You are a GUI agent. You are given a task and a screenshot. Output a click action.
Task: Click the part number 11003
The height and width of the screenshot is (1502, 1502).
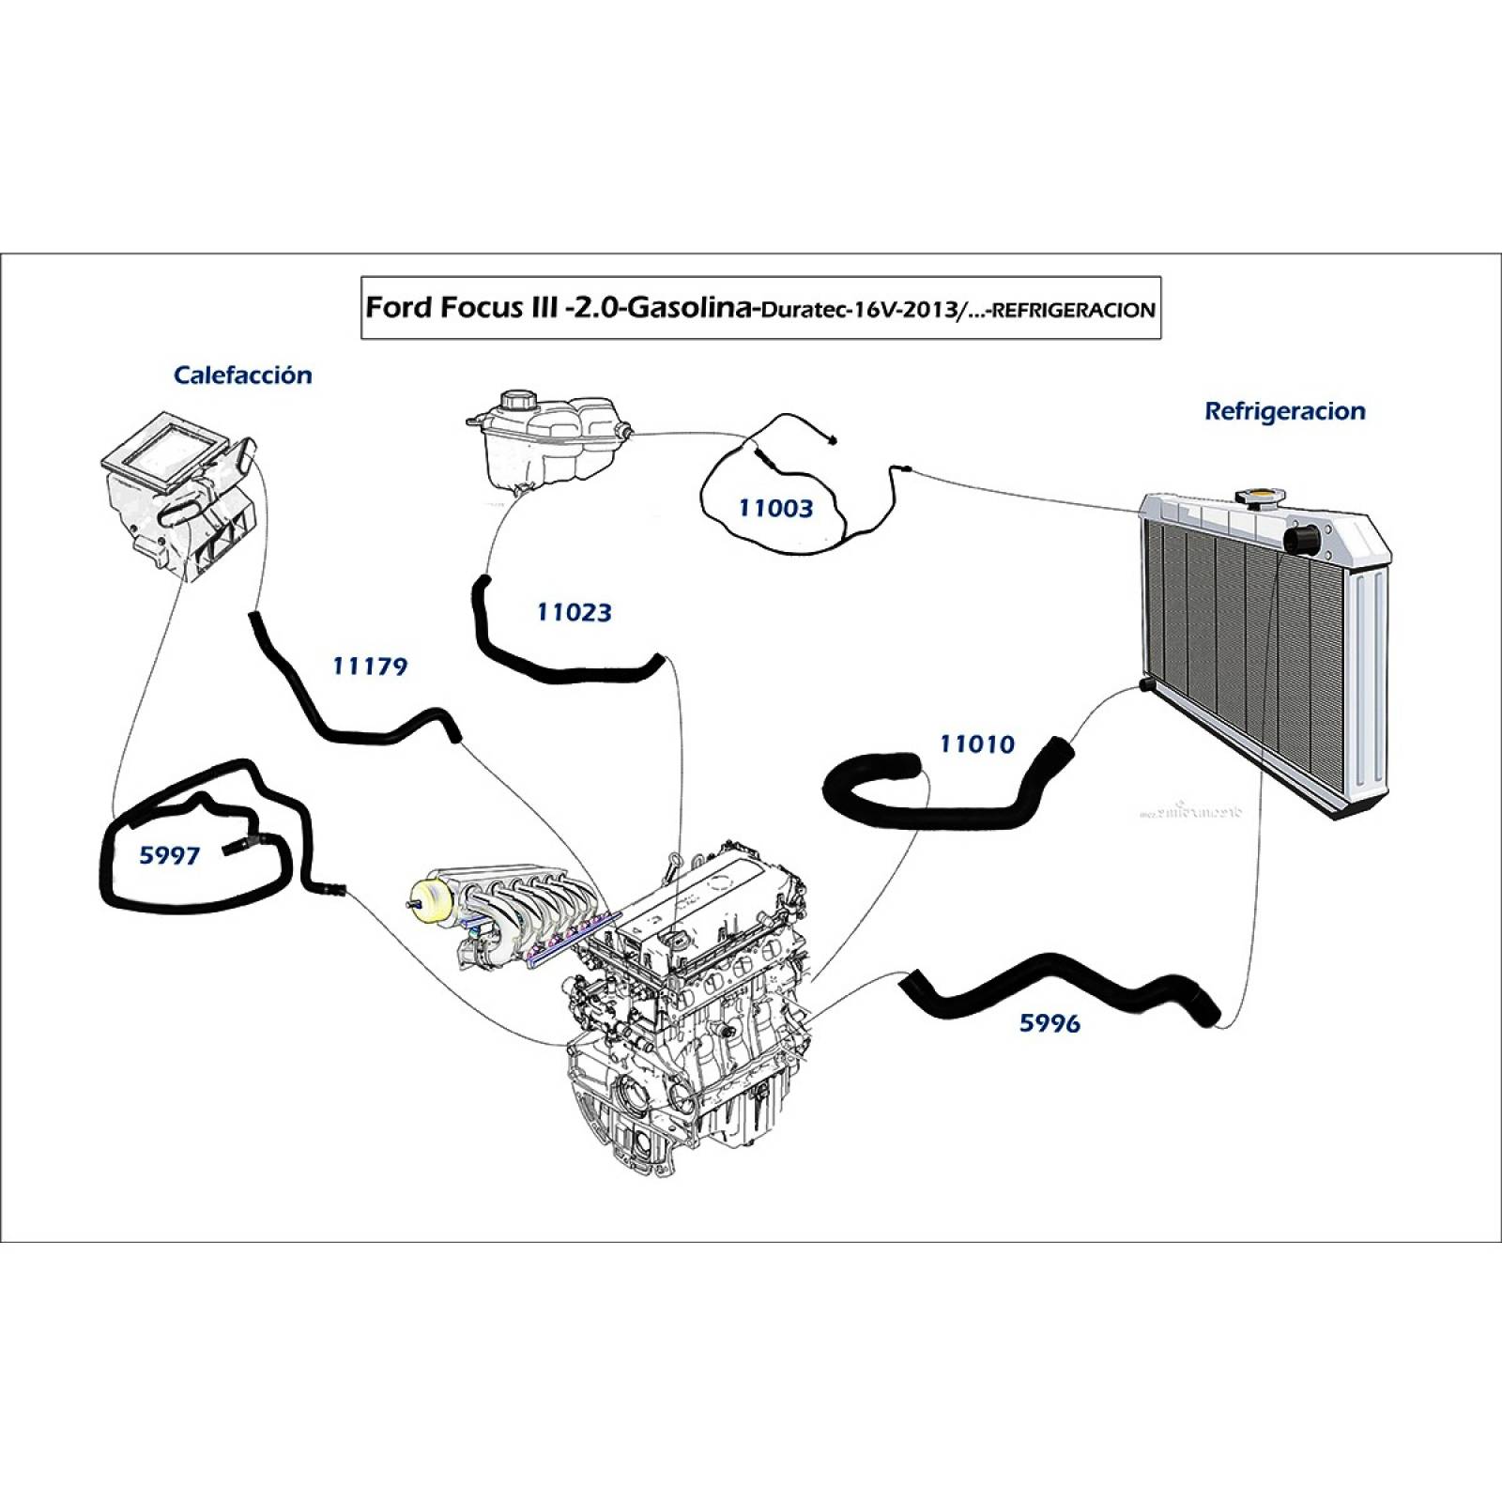(x=775, y=508)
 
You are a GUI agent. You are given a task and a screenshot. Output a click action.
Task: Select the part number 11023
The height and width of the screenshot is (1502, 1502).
(x=574, y=612)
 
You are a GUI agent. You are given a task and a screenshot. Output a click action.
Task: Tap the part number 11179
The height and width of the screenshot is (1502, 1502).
(x=370, y=667)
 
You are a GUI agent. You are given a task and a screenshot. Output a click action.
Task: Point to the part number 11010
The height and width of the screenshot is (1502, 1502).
(x=977, y=744)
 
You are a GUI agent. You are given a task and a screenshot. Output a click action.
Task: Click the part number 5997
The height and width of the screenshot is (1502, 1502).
(x=169, y=855)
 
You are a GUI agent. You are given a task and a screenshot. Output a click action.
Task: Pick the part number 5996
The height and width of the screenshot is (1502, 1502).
(x=1050, y=1023)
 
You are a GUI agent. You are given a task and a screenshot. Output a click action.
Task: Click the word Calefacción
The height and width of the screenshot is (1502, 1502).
(x=242, y=375)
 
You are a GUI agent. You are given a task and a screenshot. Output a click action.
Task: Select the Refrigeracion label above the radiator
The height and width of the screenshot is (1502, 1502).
(x=1284, y=411)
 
